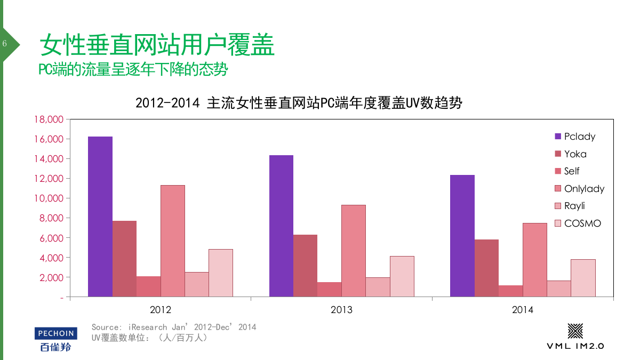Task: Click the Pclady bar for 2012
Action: pyautogui.click(x=100, y=217)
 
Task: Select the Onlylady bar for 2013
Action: pyautogui.click(x=354, y=251)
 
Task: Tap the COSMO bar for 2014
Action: pyautogui.click(x=583, y=278)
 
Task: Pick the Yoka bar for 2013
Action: pyautogui.click(x=305, y=266)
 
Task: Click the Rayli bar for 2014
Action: pyautogui.click(x=558, y=289)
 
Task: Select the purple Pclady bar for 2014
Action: pyautogui.click(x=462, y=236)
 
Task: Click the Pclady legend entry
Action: pyautogui.click(x=579, y=137)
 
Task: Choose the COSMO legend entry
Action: pyautogui.click(x=582, y=223)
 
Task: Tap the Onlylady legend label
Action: pyautogui.click(x=584, y=189)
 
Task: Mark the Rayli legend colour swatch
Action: pyautogui.click(x=558, y=206)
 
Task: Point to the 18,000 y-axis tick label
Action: pyautogui.click(x=49, y=119)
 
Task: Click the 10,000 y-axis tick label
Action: pyautogui.click(x=49, y=198)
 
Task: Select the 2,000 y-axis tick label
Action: pyautogui.click(x=51, y=277)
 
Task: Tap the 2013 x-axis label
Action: pyautogui.click(x=341, y=310)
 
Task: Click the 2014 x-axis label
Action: pyautogui.click(x=523, y=310)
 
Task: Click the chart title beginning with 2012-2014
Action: pyautogui.click(x=299, y=103)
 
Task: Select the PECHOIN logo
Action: pyautogui.click(x=56, y=334)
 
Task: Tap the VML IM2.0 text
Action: pyautogui.click(x=575, y=346)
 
